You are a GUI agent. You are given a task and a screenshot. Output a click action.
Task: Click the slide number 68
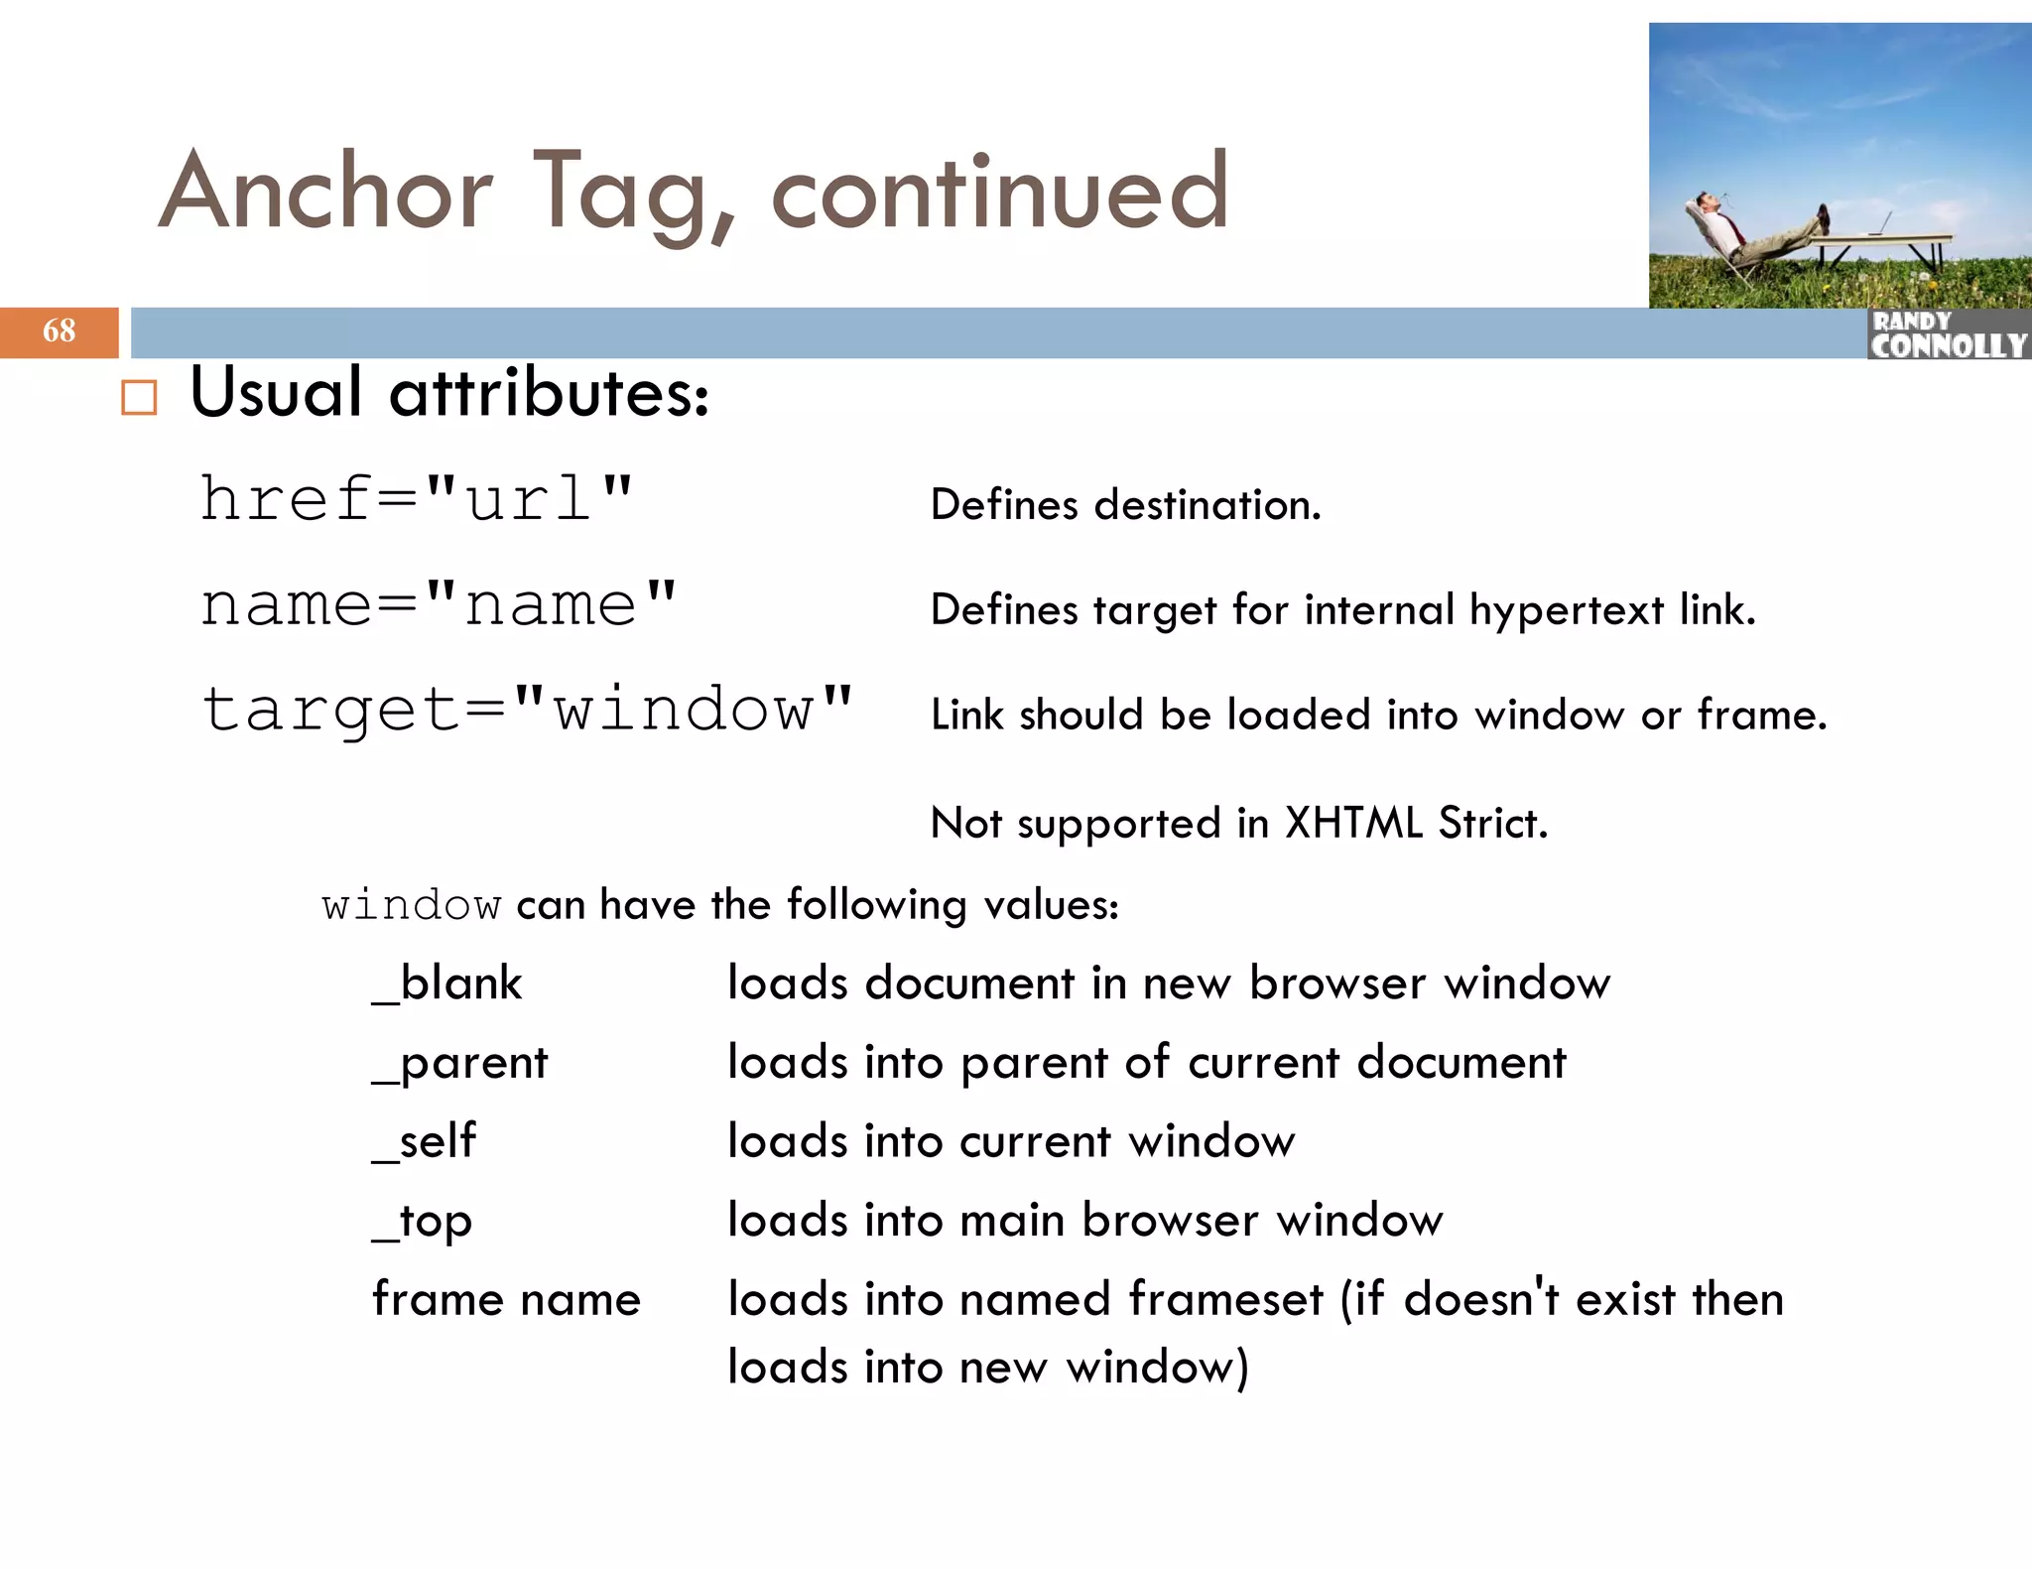tap(59, 330)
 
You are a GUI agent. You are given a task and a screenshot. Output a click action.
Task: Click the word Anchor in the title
tap(325, 191)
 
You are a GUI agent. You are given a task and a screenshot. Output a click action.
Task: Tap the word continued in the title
tap(999, 191)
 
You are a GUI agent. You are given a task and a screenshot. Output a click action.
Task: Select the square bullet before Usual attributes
tap(139, 397)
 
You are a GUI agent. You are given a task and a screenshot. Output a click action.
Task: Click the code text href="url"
tap(417, 498)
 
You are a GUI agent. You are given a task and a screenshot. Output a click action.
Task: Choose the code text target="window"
tap(527, 711)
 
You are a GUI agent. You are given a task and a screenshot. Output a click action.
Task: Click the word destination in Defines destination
tap(1207, 505)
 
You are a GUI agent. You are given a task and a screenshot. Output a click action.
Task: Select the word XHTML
tap(1353, 823)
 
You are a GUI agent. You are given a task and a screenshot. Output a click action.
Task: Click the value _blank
tap(447, 983)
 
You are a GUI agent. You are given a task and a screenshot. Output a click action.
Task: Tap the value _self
tap(425, 1141)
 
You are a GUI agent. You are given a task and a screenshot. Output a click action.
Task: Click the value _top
tap(423, 1221)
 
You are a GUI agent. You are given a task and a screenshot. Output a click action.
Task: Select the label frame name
tap(506, 1299)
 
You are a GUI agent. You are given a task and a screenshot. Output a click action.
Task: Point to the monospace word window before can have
tap(411, 905)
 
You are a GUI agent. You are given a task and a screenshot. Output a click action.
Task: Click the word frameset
tap(1225, 1299)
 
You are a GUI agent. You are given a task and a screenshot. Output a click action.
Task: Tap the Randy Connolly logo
tap(1947, 334)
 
